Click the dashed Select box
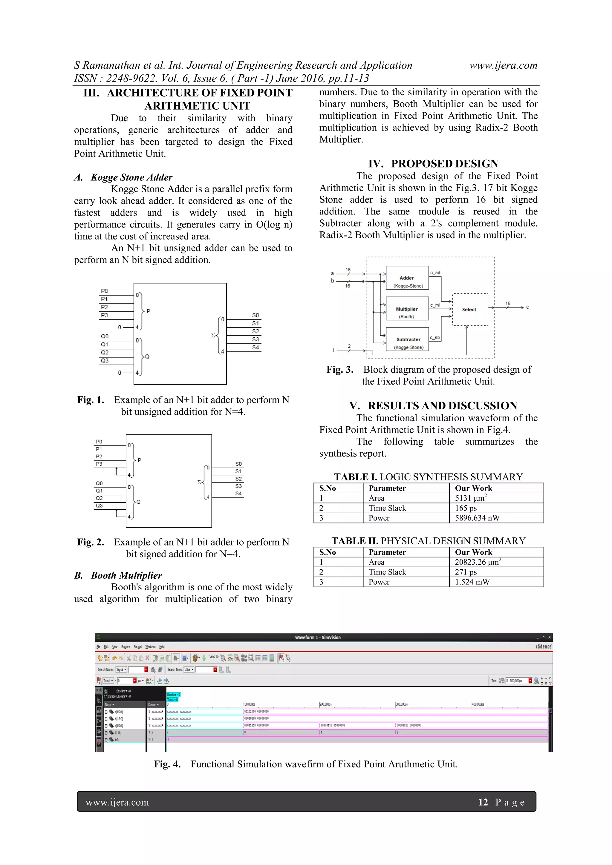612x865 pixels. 469,309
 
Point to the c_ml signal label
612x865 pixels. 435,305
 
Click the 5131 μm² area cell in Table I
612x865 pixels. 471,498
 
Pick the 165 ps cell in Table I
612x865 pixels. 466,508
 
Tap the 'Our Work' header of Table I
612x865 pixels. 473,488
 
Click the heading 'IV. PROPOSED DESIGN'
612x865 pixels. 433,164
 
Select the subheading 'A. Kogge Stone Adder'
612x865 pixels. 123,177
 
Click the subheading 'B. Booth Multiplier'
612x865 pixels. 118,575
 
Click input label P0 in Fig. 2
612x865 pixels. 99,441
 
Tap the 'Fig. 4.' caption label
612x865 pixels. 167,764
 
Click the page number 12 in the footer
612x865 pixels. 483,802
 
